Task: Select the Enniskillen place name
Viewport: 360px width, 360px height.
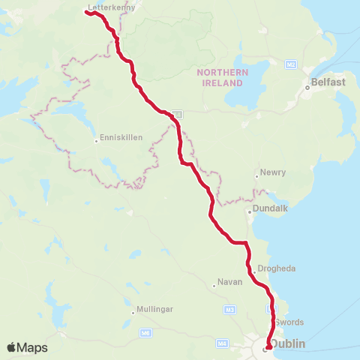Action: (x=118, y=139)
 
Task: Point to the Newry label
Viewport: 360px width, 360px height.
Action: (x=274, y=172)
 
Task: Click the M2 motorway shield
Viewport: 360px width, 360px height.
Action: (x=290, y=65)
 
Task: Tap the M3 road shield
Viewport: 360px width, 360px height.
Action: (x=229, y=309)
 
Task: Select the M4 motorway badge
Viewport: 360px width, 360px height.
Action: (x=222, y=343)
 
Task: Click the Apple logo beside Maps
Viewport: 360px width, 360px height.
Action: (x=11, y=347)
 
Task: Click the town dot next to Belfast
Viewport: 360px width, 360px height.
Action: (x=307, y=87)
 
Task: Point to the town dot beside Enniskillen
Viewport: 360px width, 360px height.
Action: (x=96, y=139)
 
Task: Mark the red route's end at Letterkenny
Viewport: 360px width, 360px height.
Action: (x=88, y=12)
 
